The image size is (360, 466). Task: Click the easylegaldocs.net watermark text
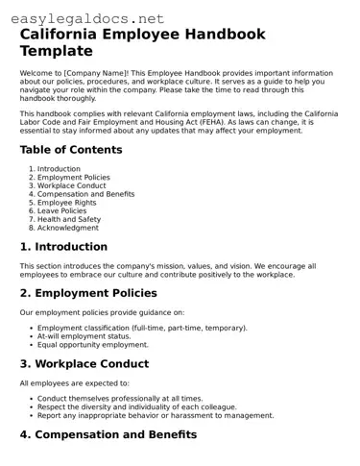(83, 18)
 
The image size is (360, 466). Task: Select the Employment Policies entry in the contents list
(73, 178)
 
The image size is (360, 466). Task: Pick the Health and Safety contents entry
(69, 219)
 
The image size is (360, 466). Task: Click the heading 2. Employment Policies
(88, 293)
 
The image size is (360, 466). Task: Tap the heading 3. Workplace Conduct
(84, 364)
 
